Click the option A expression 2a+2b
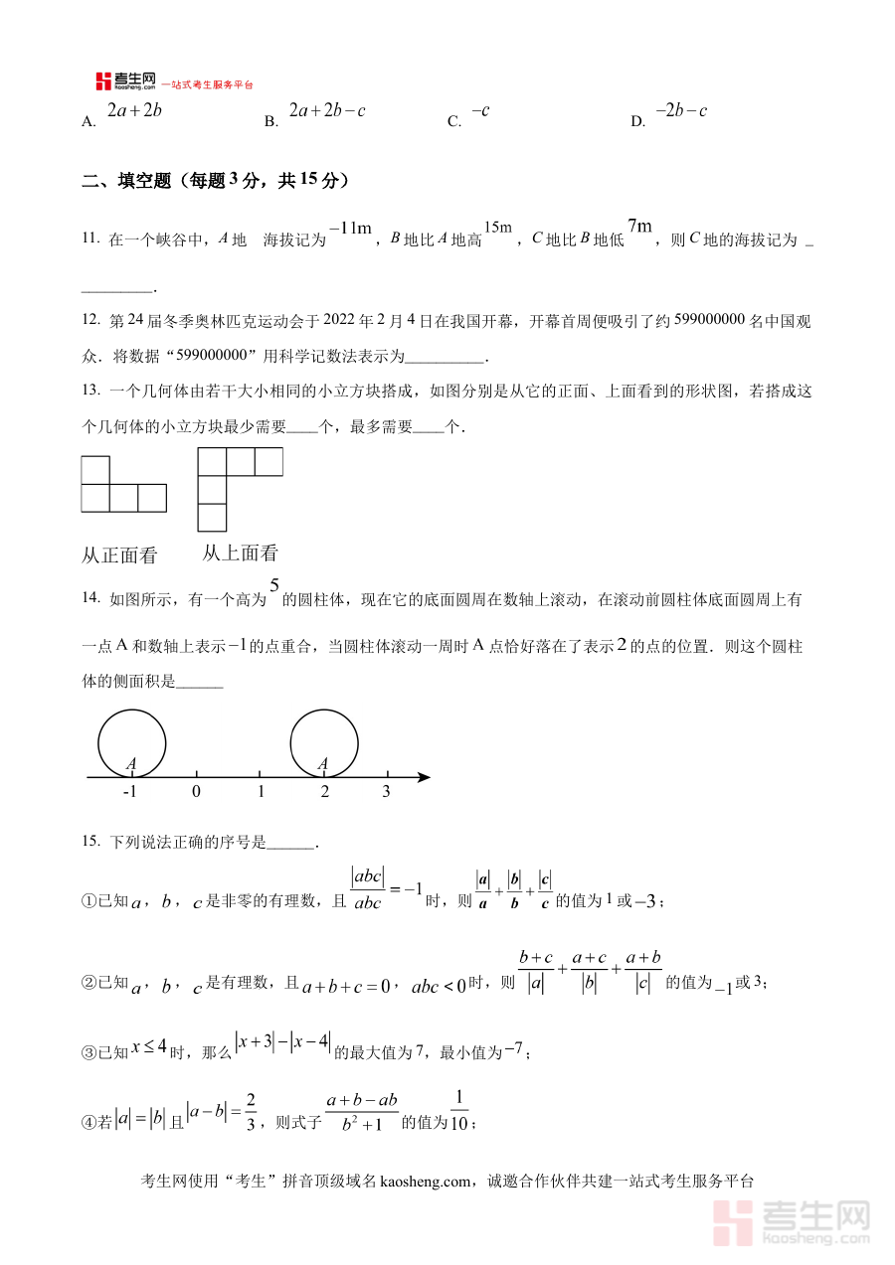pyautogui.click(x=133, y=111)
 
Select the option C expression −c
pyautogui.click(x=480, y=111)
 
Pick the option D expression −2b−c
pyautogui.click(x=680, y=111)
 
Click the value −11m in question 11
pyautogui.click(x=349, y=229)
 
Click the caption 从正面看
pyautogui.click(x=119, y=556)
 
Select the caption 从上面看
pyautogui.click(x=240, y=553)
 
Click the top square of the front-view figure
pyautogui.click(x=95, y=470)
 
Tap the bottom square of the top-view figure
pyautogui.click(x=213, y=518)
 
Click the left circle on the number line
pyautogui.click(x=131, y=743)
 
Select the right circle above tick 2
pyautogui.click(x=324, y=743)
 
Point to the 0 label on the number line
pyautogui.click(x=196, y=792)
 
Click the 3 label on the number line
pyautogui.click(x=387, y=792)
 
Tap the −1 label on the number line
pyautogui.click(x=129, y=792)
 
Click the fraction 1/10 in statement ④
pyautogui.click(x=458, y=1110)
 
